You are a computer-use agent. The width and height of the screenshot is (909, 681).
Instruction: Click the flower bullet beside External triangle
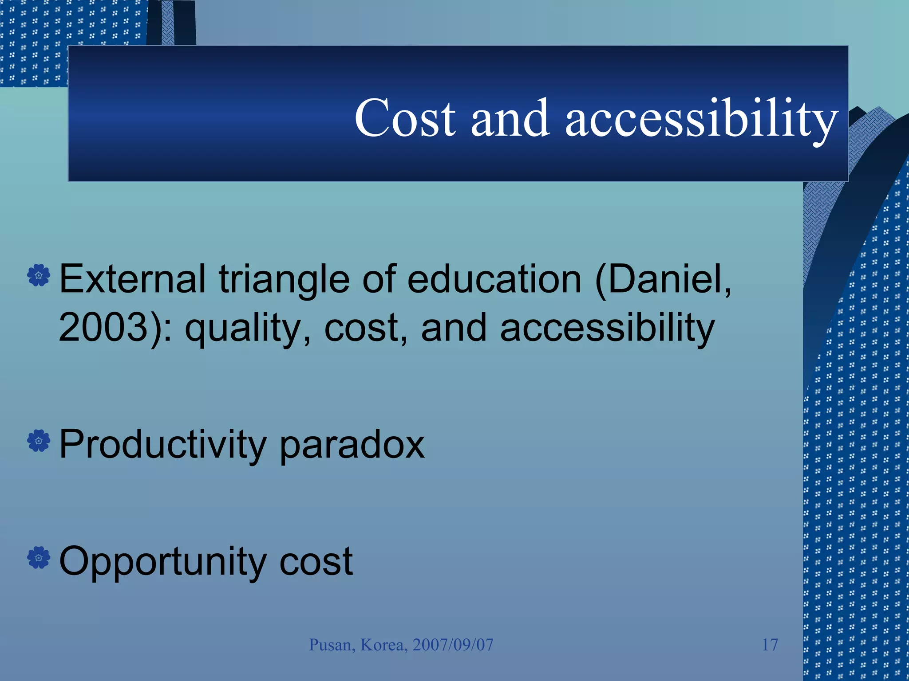point(39,276)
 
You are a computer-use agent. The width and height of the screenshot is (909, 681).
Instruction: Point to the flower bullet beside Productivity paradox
point(39,441)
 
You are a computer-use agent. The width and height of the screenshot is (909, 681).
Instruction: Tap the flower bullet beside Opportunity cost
point(39,557)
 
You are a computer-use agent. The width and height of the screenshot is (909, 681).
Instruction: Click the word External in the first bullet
point(132,279)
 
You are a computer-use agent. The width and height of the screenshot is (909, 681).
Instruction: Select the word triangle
point(284,279)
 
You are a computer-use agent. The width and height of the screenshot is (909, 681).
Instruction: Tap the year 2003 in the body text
point(103,328)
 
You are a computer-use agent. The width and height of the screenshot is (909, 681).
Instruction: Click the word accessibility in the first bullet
point(607,328)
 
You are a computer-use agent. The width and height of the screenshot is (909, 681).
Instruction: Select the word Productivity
point(162,444)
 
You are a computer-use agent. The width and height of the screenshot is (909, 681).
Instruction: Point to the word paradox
point(352,445)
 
